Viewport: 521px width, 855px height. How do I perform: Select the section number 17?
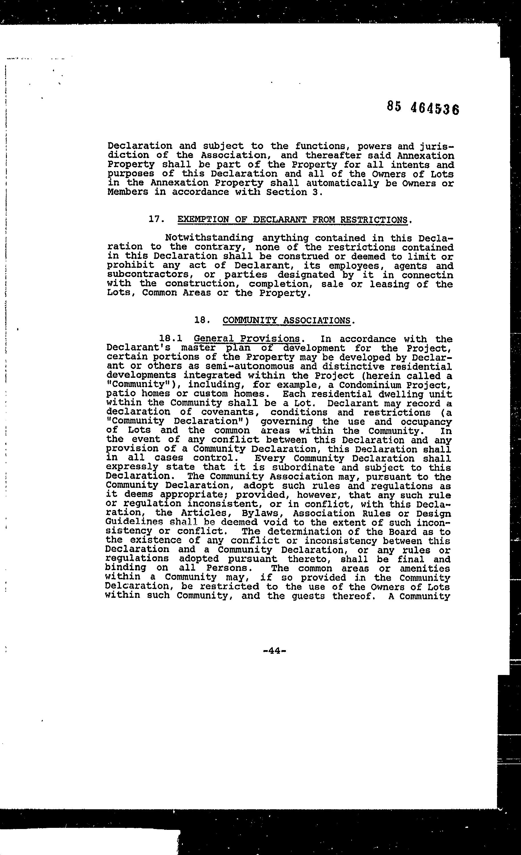156,219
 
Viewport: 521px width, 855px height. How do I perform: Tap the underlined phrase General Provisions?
247,339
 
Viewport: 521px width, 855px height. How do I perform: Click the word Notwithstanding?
209,238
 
